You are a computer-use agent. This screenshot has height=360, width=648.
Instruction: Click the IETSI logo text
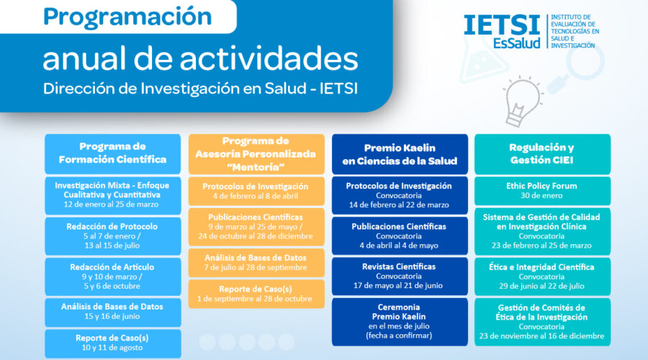click(x=502, y=25)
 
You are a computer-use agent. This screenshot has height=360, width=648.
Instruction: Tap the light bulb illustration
click(x=521, y=101)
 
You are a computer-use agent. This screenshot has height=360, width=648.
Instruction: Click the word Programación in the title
click(x=127, y=17)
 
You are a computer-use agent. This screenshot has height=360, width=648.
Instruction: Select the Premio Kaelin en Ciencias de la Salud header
click(x=400, y=154)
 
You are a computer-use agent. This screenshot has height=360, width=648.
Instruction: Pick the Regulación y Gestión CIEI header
click(x=542, y=154)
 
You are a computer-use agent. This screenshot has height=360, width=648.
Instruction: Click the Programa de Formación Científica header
click(x=112, y=154)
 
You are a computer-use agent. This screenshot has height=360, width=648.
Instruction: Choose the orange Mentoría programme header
click(x=256, y=154)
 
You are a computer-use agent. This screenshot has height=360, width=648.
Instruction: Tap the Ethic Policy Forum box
click(x=542, y=191)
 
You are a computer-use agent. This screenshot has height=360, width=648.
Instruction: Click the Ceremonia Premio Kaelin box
click(x=400, y=322)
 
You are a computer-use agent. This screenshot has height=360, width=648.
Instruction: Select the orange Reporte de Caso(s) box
click(x=256, y=294)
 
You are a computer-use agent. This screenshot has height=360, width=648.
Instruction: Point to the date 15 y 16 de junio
click(x=112, y=317)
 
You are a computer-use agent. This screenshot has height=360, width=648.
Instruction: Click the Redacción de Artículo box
click(x=112, y=276)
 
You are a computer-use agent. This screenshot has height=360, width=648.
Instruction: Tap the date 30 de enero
click(x=541, y=196)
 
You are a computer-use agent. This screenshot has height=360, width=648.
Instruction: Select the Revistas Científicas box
click(x=400, y=276)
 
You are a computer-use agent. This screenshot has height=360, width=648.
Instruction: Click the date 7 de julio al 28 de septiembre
click(x=256, y=267)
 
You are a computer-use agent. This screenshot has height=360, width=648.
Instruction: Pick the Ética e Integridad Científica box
click(x=542, y=276)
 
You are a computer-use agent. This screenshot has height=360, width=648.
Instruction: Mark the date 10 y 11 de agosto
click(x=112, y=348)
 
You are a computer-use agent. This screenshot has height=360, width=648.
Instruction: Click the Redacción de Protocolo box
click(x=112, y=236)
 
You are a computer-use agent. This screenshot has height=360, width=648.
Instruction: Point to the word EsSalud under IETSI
click(x=516, y=43)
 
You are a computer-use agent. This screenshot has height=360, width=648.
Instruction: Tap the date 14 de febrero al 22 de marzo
click(x=399, y=205)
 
